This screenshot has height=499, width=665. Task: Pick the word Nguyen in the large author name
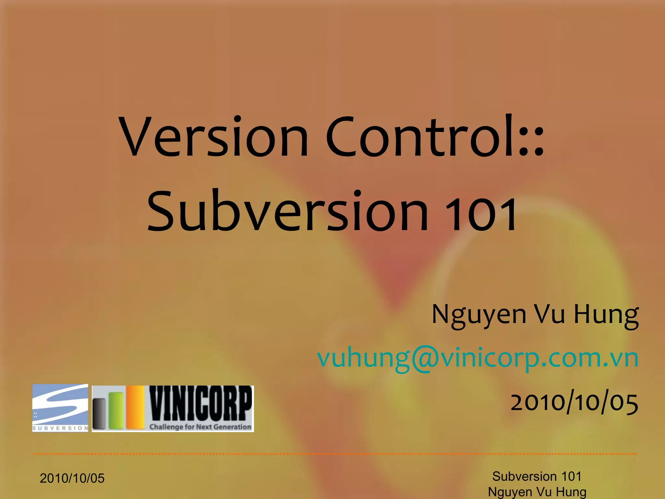pyautogui.click(x=479, y=315)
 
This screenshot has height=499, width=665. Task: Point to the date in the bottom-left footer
pyautogui.click(x=72, y=478)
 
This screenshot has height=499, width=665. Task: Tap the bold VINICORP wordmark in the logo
pyautogui.click(x=200, y=404)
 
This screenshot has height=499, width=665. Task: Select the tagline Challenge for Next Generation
pyautogui.click(x=200, y=427)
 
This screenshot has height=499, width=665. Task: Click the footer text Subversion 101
pyautogui.click(x=537, y=476)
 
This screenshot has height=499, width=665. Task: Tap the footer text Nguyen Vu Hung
pyautogui.click(x=537, y=492)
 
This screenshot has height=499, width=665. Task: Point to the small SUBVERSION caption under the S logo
pyautogui.click(x=60, y=428)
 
